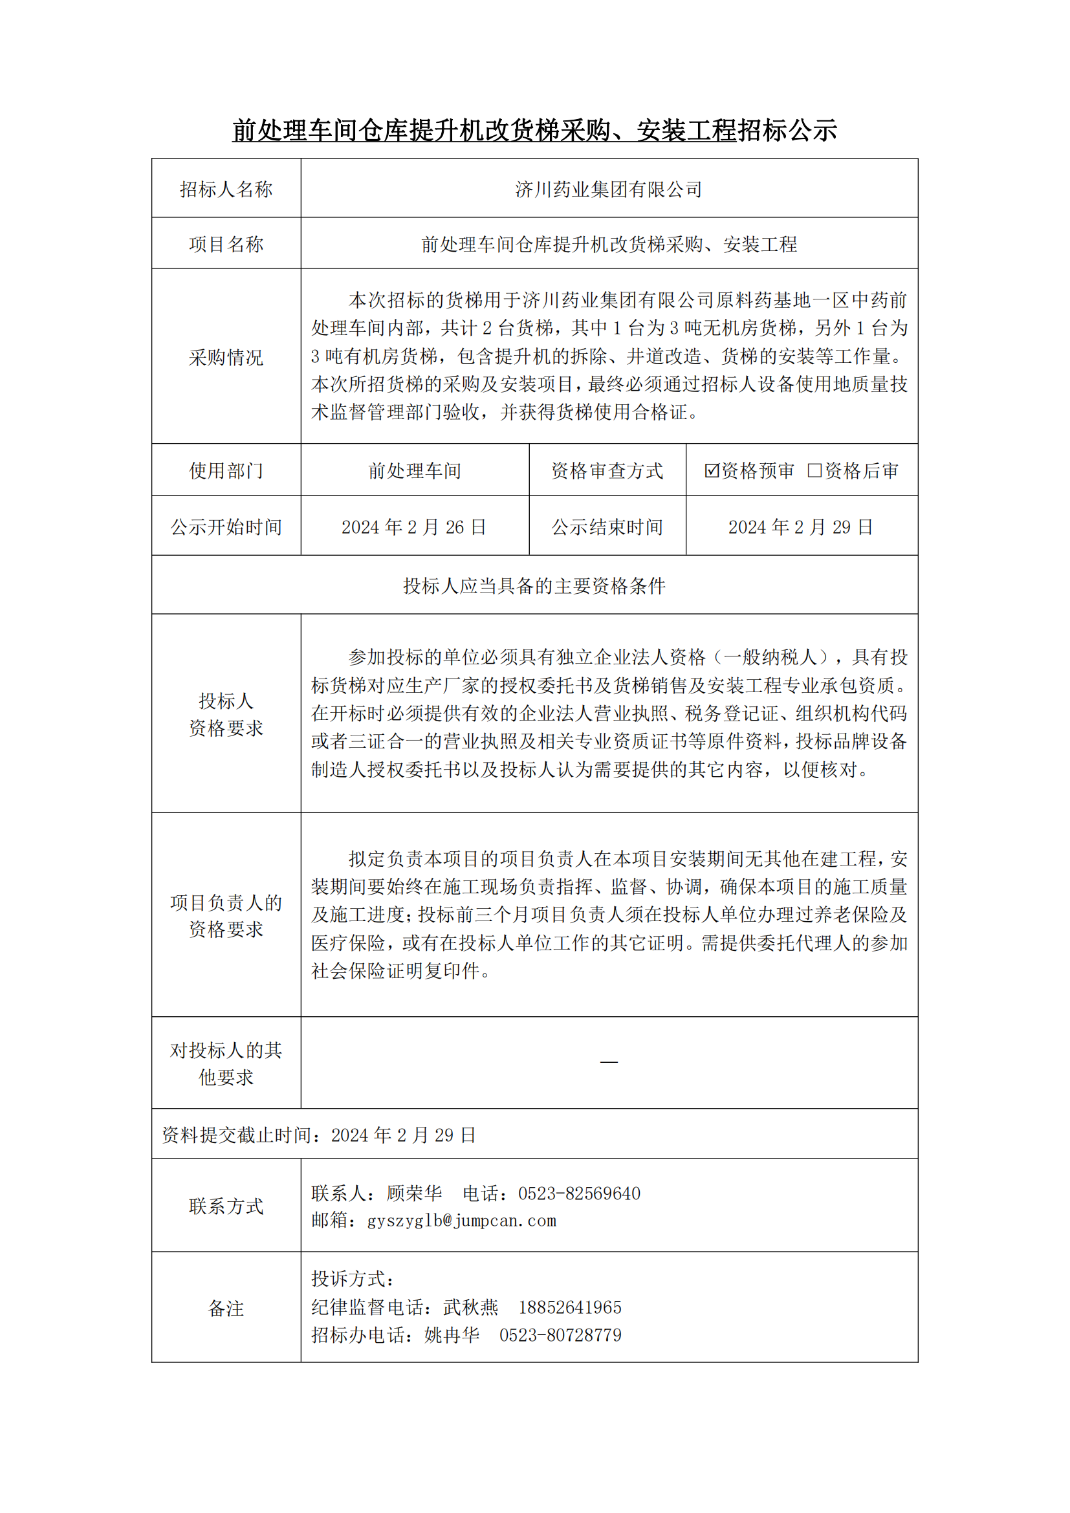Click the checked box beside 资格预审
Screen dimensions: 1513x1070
coord(711,470)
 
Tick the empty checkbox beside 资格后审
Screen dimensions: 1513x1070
coord(814,470)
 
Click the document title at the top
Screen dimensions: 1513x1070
coord(534,131)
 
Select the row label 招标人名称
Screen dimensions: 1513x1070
coord(226,190)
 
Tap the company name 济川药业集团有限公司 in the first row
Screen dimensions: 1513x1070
coord(608,190)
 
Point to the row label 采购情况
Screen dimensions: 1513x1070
coord(226,357)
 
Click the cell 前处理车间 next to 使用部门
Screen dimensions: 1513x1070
coord(415,471)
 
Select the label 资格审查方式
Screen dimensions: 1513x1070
coord(607,471)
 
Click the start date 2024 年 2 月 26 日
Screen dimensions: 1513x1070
coord(414,527)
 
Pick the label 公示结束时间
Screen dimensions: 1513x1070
coord(607,527)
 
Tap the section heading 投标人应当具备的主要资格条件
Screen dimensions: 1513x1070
coord(534,586)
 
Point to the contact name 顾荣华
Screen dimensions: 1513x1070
coord(415,1193)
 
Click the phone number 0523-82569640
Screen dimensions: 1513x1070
coord(579,1193)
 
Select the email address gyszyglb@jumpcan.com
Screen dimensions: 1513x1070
coord(461,1221)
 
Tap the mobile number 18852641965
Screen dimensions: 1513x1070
coord(570,1307)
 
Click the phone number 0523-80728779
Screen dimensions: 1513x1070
coord(560,1335)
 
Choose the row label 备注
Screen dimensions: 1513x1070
coord(226,1309)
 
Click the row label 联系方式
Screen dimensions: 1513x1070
coord(226,1206)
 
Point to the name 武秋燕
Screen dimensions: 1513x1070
coord(470,1307)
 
